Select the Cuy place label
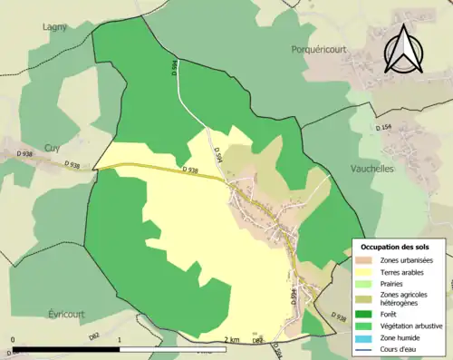coord(53,148)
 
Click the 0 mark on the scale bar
coord(13,341)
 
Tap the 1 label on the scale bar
coord(120,341)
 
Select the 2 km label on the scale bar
coord(232,341)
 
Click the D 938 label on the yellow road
coord(190,170)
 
